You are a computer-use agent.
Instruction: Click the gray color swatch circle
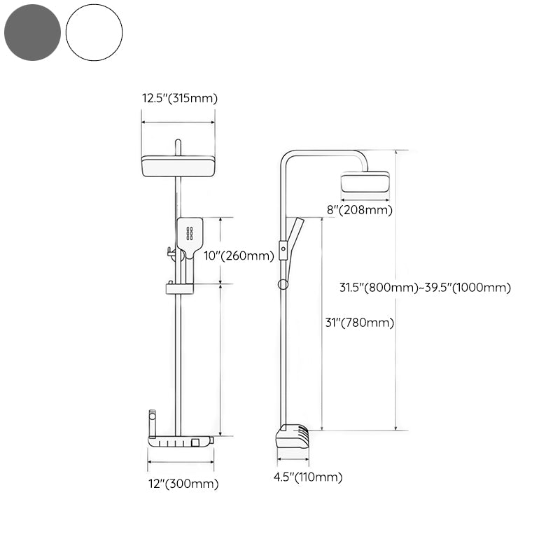point(31,32)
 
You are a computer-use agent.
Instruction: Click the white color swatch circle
point(94,32)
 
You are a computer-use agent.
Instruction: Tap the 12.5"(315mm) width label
point(180,99)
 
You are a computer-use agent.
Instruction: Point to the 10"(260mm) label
point(238,256)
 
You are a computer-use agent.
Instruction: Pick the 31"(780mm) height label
point(359,323)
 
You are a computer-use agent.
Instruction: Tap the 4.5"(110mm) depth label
point(307,477)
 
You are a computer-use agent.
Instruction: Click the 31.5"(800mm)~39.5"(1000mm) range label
point(425,287)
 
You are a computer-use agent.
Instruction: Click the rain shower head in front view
point(178,166)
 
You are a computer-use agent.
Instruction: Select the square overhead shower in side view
point(365,183)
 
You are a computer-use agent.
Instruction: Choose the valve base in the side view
point(293,437)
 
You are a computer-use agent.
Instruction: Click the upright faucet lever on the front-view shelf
point(151,423)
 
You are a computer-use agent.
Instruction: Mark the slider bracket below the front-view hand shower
point(178,287)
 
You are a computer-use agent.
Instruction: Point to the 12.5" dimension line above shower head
point(178,122)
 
